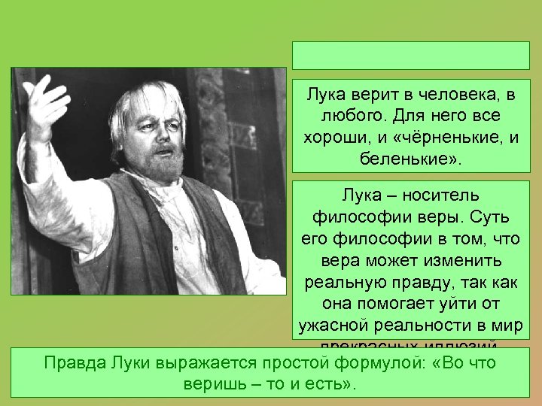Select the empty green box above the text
(x=411, y=55)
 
